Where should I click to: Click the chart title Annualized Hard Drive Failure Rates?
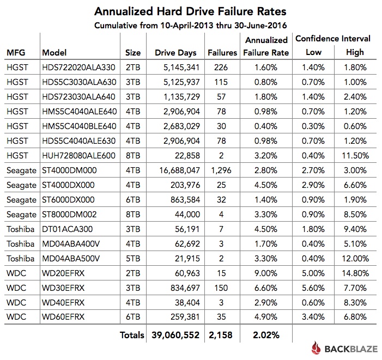(190, 11)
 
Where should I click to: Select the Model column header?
(54, 53)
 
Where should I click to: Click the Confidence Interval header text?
(332, 39)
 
